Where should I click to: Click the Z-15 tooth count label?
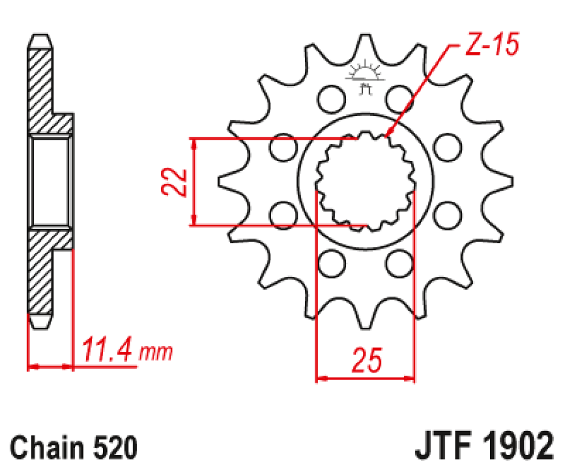491,47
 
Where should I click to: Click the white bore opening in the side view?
50,182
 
